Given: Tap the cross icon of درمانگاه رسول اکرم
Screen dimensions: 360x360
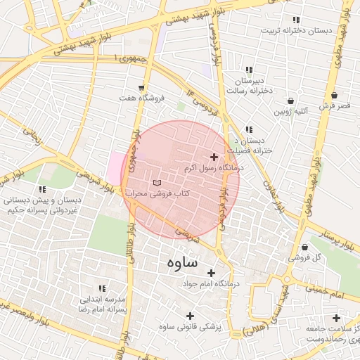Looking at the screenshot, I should tap(214, 157).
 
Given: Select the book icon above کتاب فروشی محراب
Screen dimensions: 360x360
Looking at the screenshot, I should tap(156, 183).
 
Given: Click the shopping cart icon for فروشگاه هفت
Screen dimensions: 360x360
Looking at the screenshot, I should tap(143, 88).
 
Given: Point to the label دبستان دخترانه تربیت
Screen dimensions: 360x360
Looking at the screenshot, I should tap(295, 31).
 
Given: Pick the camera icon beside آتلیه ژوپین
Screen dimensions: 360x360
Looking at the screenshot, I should tap(290, 100).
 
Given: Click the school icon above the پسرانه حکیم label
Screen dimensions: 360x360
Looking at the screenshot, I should tap(43, 189).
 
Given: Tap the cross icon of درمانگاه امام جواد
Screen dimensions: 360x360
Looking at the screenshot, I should tap(210, 272).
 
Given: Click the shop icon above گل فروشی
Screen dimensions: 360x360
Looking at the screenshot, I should tap(304, 247).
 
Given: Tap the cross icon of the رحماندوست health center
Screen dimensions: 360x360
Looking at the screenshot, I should tap(336, 318).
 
